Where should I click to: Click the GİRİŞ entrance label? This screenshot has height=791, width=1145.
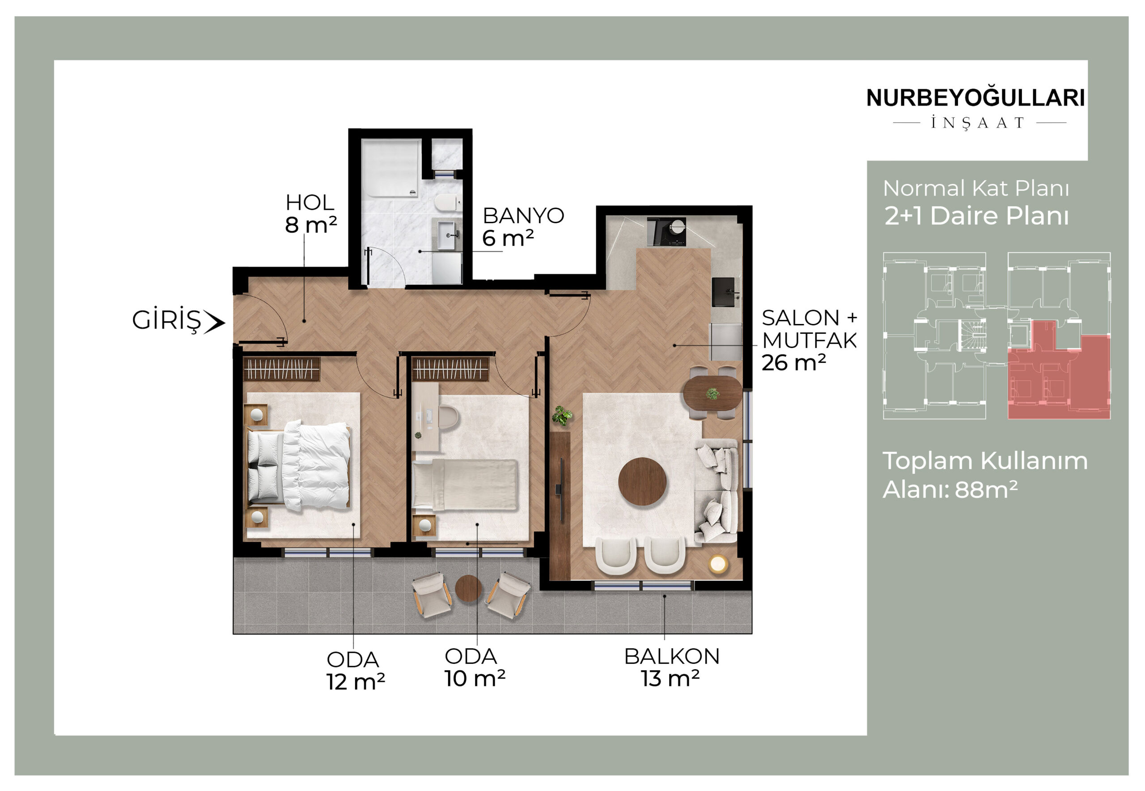166,321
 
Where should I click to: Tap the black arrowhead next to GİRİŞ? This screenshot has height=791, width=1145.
215,323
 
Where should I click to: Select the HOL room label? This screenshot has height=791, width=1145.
310,202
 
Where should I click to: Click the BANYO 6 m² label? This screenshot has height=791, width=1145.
523,227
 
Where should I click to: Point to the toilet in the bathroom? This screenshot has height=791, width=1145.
446,203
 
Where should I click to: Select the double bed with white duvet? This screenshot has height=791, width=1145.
299,465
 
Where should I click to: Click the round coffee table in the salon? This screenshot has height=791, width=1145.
642,481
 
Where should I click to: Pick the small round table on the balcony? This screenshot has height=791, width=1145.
468,588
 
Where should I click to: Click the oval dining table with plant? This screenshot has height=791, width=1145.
712,393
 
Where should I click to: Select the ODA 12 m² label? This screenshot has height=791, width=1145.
355,671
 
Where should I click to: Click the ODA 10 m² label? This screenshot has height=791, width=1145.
474,667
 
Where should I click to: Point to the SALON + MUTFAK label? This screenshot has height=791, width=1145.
809,329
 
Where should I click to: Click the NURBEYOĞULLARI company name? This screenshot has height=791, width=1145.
975,98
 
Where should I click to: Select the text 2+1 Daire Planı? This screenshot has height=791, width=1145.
976,216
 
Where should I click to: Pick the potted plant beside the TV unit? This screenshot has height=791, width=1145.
562,415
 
